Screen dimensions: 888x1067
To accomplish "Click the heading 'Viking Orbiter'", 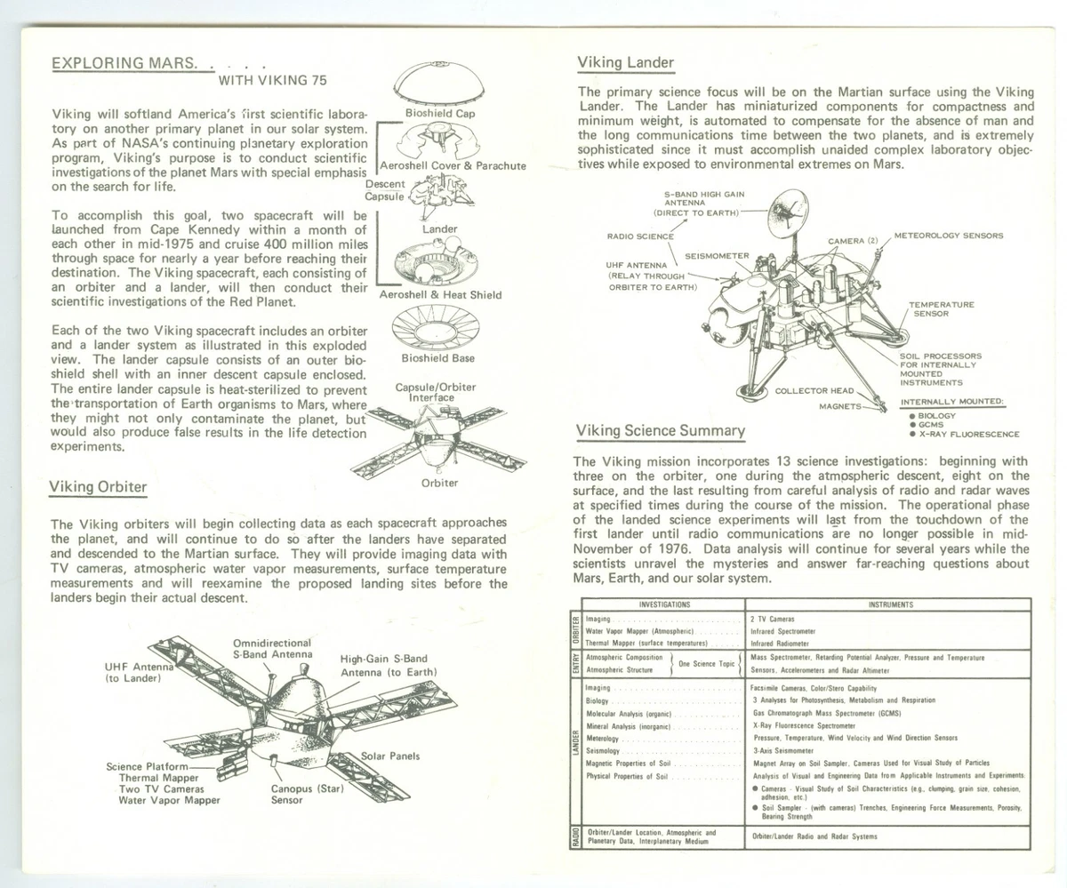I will point(98,486).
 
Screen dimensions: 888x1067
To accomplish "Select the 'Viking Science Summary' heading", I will point(660,431).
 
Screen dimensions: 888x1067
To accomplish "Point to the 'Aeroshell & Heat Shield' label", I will point(440,295).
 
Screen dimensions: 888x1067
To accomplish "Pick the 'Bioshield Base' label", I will point(437,358).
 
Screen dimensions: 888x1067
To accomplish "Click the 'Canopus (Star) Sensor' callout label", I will point(307,793).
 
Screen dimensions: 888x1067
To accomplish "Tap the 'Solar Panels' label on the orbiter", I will point(390,756).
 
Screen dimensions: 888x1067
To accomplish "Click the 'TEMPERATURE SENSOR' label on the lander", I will point(941,308).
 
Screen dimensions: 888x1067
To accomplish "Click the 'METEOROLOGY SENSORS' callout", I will point(948,236).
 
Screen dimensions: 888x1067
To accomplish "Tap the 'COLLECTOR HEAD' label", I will point(814,390).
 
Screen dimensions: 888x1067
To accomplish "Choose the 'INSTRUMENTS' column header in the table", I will point(890,604).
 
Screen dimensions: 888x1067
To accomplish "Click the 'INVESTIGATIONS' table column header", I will point(664,604).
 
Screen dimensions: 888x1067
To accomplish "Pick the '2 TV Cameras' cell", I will point(773,619).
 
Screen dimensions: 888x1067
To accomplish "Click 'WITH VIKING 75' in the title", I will point(272,80).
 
